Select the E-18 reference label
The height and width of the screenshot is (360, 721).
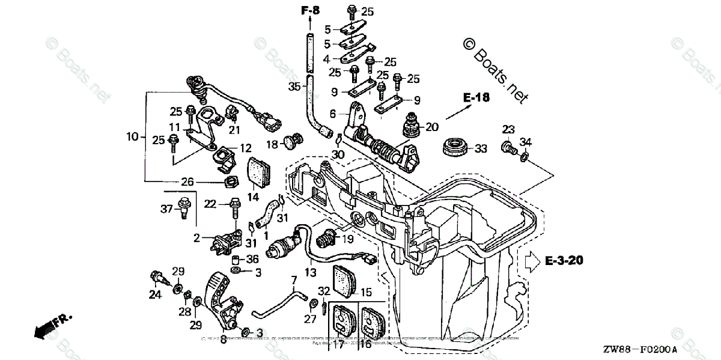click(476, 98)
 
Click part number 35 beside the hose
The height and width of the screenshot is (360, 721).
click(294, 87)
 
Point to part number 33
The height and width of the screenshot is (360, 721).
click(481, 148)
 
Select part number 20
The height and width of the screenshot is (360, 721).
click(433, 127)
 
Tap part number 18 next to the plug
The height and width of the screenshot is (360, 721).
click(272, 144)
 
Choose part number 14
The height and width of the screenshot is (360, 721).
click(253, 197)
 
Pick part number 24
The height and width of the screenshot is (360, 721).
click(156, 294)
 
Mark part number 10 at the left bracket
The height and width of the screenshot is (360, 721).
click(132, 137)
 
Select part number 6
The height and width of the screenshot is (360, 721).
click(333, 114)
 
